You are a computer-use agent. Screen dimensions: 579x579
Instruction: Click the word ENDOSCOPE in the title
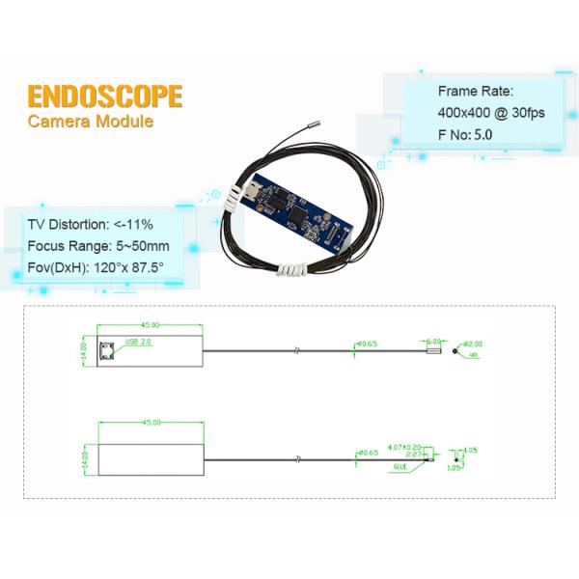(104, 96)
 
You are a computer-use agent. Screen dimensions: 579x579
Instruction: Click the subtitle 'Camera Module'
(90, 122)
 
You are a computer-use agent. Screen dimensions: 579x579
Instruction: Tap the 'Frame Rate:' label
(476, 92)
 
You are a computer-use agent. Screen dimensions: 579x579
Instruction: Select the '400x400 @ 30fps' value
(491, 113)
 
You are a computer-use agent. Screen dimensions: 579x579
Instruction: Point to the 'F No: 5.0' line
(465, 134)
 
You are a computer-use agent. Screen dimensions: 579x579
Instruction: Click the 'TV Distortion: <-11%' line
(90, 224)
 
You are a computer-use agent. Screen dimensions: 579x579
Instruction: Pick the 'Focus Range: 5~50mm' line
(98, 245)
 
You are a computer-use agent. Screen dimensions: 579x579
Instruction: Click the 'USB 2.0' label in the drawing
(138, 343)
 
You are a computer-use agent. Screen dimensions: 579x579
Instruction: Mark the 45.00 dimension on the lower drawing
(151, 423)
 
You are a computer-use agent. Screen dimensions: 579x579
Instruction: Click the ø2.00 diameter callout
(473, 344)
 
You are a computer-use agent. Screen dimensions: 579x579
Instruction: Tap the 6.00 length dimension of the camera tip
(433, 341)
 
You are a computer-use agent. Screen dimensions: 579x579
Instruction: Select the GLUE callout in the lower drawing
(400, 466)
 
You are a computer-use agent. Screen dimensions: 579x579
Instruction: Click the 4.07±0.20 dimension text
(402, 447)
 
